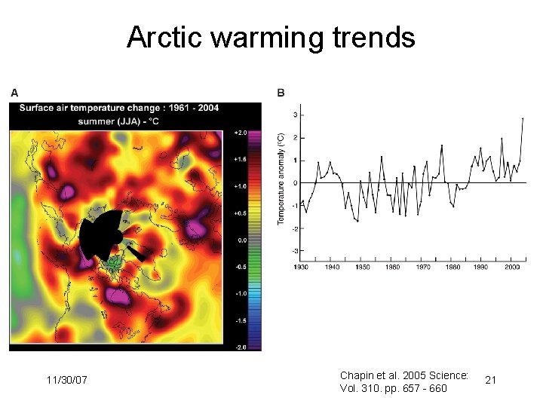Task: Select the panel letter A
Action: click(x=14, y=93)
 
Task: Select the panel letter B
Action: click(x=281, y=93)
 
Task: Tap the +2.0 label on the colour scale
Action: click(x=241, y=133)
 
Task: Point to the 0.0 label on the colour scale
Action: click(x=242, y=240)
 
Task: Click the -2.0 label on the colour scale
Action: click(x=241, y=347)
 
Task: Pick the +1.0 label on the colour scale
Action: click(x=241, y=186)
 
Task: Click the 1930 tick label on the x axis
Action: click(x=301, y=267)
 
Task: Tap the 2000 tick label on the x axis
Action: click(x=512, y=267)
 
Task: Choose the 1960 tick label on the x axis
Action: click(x=391, y=267)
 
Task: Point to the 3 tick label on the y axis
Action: click(x=294, y=115)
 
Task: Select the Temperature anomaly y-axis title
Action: click(x=281, y=179)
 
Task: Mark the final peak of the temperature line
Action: click(x=523, y=118)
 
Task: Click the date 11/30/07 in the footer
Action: click(x=66, y=380)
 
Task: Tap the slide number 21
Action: click(x=490, y=381)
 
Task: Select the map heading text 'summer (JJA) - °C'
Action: click(x=130, y=119)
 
